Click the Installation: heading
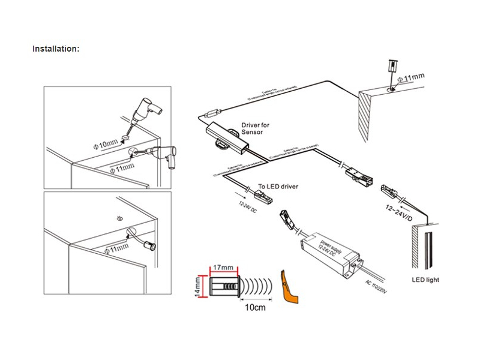pyautogui.click(x=56, y=49)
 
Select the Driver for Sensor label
pyautogui.click(x=256, y=129)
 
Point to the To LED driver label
pyautogui.click(x=278, y=187)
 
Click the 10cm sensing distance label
pyautogui.click(x=254, y=308)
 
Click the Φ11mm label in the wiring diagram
pyautogui.click(x=412, y=78)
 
